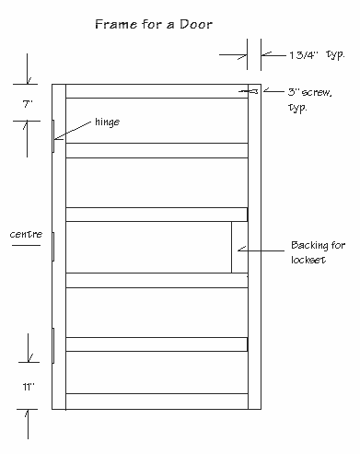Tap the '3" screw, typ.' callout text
pyautogui.click(x=309, y=100)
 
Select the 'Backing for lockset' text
pyautogui.click(x=316, y=252)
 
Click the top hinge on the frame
pyautogui.click(x=54, y=136)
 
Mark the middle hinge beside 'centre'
pyautogui.click(x=54, y=247)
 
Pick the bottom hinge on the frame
pyautogui.click(x=54, y=345)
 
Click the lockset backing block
pyautogui.click(x=239, y=247)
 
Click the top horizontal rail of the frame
pyautogui.click(x=157, y=91)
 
